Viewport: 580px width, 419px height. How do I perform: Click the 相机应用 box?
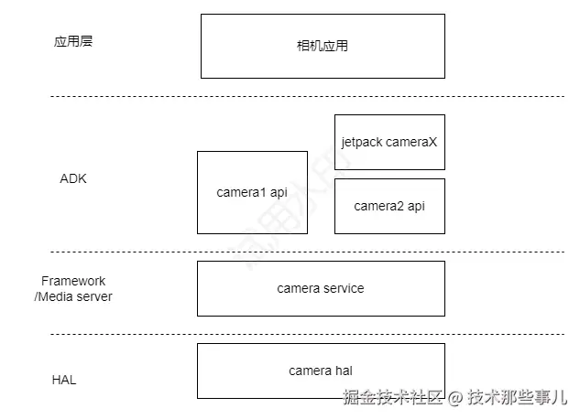pos(316,46)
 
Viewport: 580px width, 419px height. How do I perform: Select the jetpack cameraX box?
pos(389,142)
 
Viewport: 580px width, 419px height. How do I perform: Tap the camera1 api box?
pos(252,192)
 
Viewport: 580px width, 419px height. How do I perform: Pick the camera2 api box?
pos(389,206)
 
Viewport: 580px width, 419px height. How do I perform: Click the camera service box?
pos(321,288)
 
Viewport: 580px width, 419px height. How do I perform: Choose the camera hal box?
pos(321,371)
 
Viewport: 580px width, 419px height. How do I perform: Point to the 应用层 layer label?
pos(73,42)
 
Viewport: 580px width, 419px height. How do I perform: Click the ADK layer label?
pos(73,178)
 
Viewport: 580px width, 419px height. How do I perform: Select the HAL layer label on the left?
pos(64,380)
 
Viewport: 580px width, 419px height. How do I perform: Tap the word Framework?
pos(73,281)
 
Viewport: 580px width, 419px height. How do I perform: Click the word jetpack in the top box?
pos(361,143)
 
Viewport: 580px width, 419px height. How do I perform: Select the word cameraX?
pos(411,143)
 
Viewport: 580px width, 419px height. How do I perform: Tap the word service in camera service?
pos(344,288)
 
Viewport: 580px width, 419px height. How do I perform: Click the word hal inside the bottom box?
pos(344,371)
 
